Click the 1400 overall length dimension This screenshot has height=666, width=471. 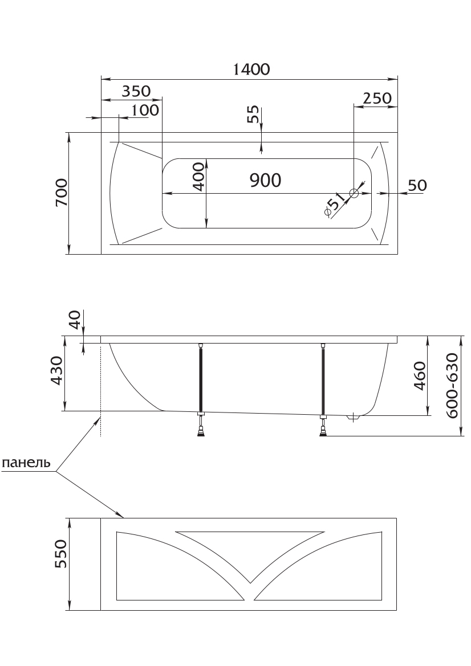click(251, 69)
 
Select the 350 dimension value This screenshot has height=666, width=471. click(136, 91)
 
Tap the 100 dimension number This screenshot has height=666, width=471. click(145, 110)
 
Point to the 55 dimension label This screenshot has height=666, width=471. click(253, 115)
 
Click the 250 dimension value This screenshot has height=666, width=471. click(377, 98)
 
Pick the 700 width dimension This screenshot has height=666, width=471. click(62, 193)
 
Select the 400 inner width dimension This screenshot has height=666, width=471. click(199, 176)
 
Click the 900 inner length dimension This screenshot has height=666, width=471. click(265, 181)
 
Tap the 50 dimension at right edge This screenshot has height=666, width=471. click(417, 185)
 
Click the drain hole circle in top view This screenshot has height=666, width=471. click(354, 194)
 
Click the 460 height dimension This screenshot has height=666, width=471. click(420, 377)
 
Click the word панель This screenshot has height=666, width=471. click(26, 463)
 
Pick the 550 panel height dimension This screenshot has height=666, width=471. click(61, 554)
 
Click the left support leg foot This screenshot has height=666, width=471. click(201, 433)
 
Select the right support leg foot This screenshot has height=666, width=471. click(324, 432)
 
